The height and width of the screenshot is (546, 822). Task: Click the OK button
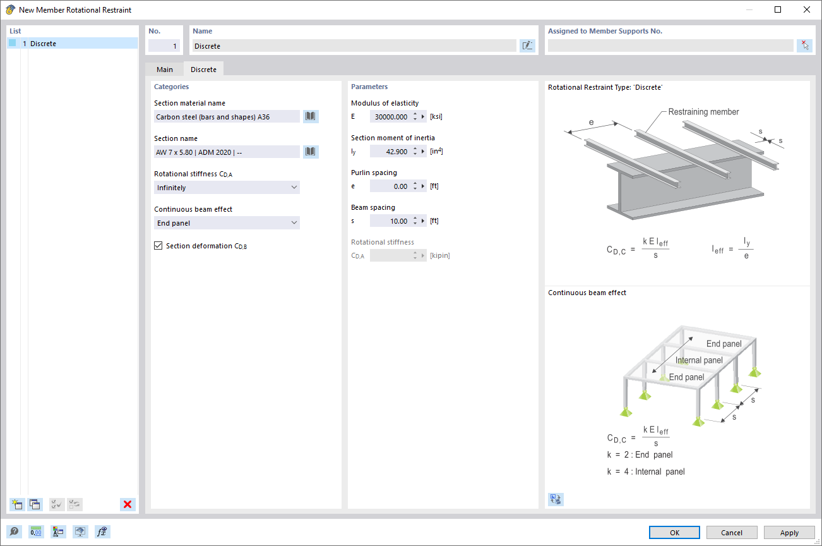tap(674, 532)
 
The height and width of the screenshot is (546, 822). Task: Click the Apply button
tap(789, 532)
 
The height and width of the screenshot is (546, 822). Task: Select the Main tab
tap(165, 70)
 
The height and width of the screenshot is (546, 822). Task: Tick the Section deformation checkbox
tap(158, 246)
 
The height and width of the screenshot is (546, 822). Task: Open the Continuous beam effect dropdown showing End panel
tap(227, 223)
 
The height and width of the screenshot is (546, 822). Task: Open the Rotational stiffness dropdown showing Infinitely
tap(227, 188)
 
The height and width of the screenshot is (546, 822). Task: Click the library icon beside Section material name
tap(311, 116)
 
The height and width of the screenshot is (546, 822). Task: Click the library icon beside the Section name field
tap(311, 152)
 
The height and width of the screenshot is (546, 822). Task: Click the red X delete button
tap(128, 504)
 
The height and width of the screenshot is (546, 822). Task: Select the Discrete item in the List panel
tap(43, 44)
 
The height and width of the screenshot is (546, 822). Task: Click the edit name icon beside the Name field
tap(527, 45)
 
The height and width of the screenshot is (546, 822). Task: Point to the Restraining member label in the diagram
tap(703, 112)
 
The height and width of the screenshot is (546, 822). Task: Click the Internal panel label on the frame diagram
tap(699, 360)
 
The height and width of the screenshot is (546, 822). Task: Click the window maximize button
tap(778, 9)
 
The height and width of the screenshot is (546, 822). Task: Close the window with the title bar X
tap(807, 9)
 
